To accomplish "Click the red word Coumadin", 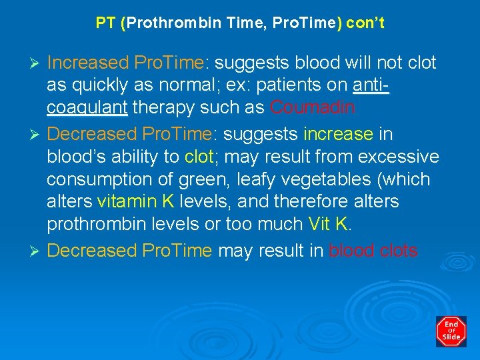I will tap(313, 107).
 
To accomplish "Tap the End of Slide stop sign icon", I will tap(451, 331).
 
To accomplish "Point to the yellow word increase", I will tap(338, 134).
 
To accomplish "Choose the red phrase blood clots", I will tap(373, 251).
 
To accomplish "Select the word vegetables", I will tap(341, 179).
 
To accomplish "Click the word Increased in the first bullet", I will tap(88, 63).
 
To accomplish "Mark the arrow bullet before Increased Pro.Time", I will tap(37, 63).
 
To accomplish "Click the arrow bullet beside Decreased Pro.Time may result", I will tap(37, 251).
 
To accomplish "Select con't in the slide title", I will tap(365, 23).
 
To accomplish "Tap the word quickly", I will tap(101, 85).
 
